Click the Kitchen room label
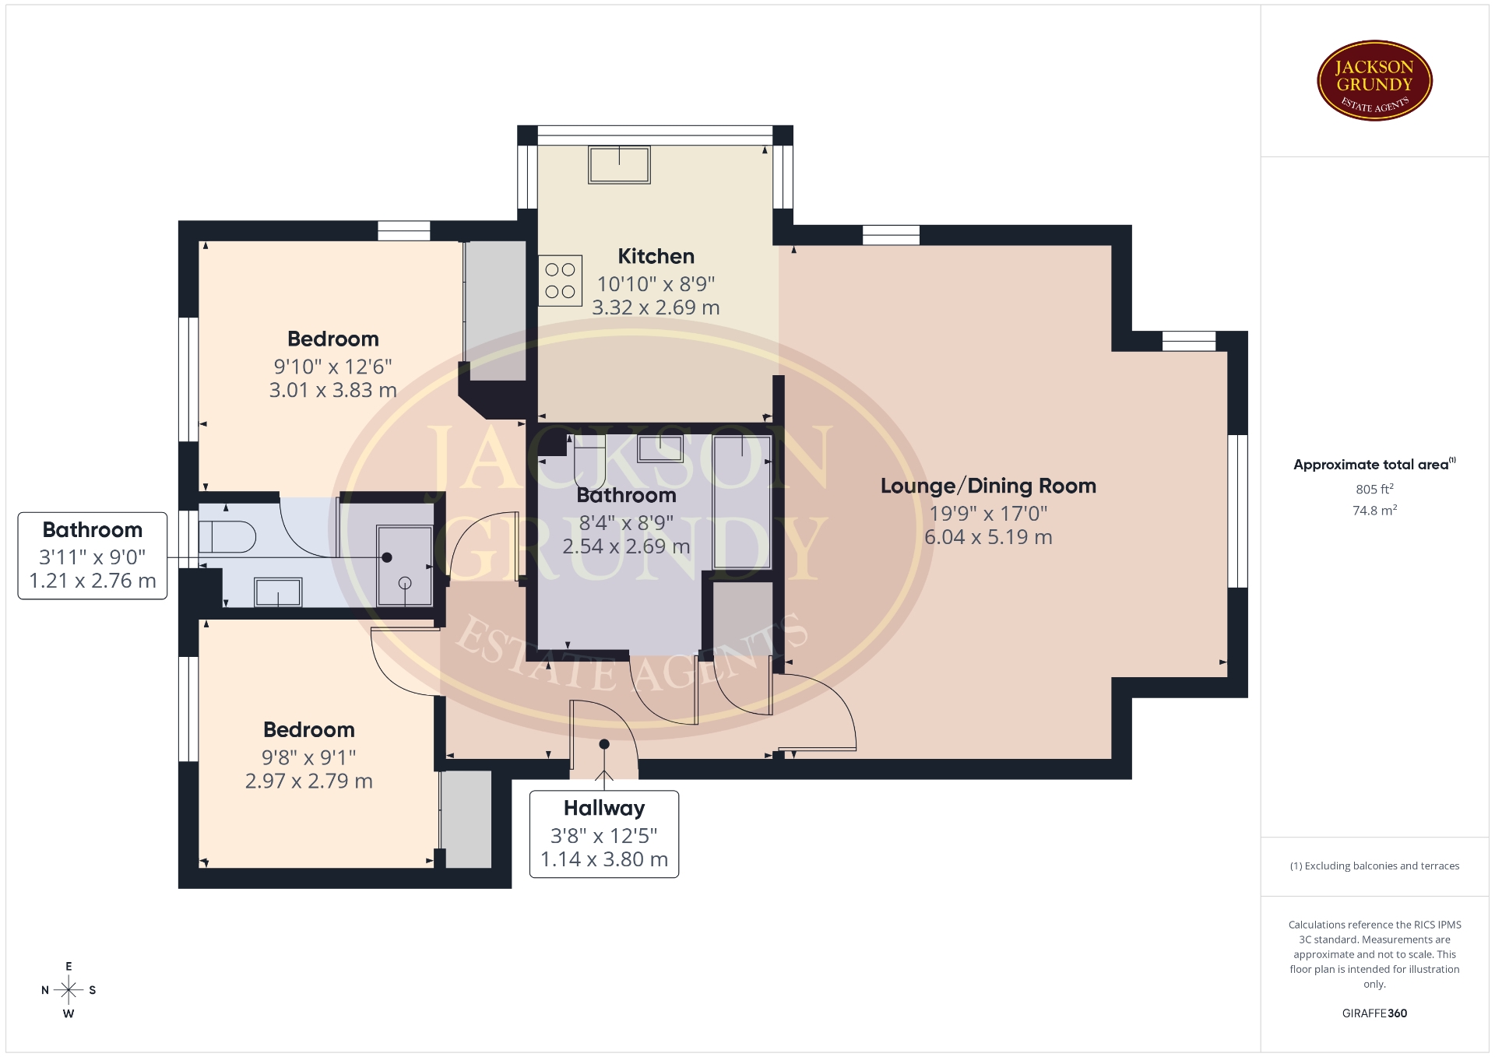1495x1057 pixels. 656,256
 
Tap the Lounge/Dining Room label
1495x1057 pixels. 988,486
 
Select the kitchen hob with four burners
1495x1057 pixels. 560,280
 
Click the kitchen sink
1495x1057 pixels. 619,165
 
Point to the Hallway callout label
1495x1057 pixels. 604,834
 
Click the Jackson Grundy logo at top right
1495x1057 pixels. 1374,81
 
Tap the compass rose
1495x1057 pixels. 69,990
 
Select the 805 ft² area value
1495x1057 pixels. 1374,489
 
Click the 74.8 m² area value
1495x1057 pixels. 1374,510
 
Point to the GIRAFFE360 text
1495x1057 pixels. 1374,1013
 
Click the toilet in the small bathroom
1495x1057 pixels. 227,536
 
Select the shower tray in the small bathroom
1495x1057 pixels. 404,565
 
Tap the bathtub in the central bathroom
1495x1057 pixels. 742,502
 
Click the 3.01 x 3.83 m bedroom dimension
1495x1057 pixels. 332,390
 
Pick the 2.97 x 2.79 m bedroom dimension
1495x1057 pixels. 308,781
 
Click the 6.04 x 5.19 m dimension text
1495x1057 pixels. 988,537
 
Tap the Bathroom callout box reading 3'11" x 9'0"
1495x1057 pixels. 93,556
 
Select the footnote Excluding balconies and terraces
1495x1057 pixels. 1374,866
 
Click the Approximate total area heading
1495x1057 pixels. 1374,464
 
